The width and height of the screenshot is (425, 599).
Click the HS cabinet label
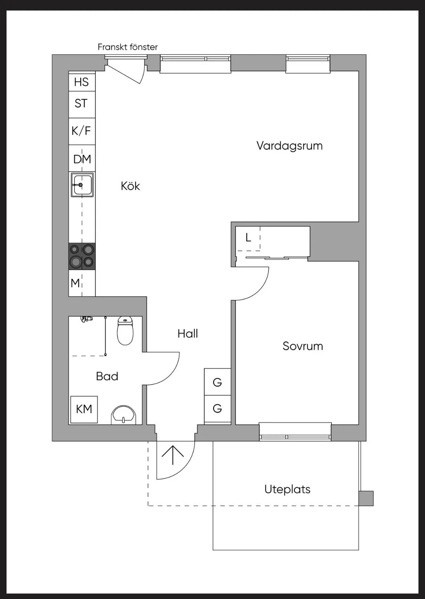tap(81, 82)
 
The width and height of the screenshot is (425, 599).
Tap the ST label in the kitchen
tap(81, 104)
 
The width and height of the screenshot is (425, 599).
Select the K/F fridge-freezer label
tap(81, 131)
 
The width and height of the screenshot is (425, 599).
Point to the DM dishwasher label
tap(82, 159)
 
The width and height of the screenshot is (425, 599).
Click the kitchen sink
tap(82, 185)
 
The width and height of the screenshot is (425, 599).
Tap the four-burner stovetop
tap(82, 256)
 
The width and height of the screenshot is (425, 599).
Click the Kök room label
tap(130, 186)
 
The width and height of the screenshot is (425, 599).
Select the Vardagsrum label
tap(290, 146)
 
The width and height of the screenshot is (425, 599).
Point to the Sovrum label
tap(303, 346)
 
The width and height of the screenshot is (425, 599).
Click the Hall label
tap(188, 333)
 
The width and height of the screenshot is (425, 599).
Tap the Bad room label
tap(107, 376)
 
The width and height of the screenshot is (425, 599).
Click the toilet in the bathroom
tap(125, 331)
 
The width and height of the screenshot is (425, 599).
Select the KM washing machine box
tap(84, 409)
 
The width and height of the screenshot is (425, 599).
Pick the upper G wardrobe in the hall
tap(218, 382)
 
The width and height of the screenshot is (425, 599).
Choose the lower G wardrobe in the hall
tap(218, 409)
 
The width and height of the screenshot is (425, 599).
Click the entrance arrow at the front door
tap(173, 455)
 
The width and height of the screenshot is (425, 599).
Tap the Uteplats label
tap(288, 489)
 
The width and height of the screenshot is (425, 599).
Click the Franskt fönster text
tap(127, 47)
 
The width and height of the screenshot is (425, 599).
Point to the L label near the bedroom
tap(248, 238)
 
